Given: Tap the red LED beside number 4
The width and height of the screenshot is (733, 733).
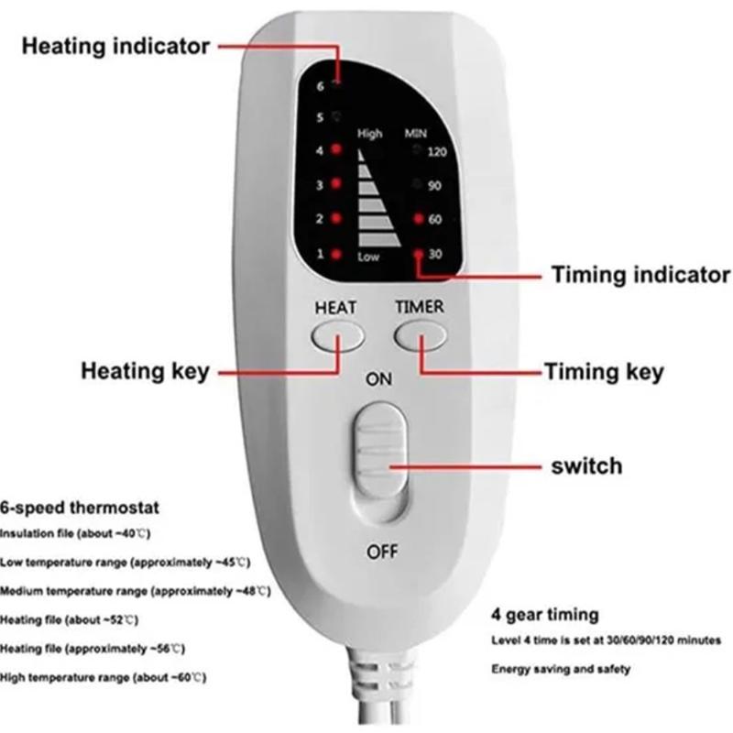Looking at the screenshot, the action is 335,149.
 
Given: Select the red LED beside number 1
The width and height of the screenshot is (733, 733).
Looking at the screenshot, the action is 335,255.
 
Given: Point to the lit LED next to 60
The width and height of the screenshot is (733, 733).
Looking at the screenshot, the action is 419,218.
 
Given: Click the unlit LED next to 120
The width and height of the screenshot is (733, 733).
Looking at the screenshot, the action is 417,149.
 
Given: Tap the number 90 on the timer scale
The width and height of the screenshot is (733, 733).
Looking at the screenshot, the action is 434,186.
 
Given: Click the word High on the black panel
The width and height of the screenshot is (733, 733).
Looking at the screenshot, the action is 370,134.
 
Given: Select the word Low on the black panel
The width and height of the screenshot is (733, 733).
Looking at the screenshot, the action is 368,257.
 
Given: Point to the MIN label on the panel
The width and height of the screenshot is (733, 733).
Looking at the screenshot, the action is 416,134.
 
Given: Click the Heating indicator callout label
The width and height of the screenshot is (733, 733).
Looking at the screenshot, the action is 115,47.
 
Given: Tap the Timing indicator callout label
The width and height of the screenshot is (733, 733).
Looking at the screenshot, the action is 640,274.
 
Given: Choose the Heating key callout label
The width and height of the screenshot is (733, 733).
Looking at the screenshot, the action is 146,372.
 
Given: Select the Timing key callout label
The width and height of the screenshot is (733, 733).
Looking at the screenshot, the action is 605,372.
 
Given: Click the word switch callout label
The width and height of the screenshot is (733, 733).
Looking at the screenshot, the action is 586,466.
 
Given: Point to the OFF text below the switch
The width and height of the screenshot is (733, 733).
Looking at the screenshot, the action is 382,552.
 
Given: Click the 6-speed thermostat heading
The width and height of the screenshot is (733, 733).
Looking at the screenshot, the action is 80,508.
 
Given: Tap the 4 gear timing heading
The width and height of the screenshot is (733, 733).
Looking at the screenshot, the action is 545,615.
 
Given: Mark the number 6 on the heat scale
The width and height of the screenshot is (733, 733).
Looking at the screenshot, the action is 320,86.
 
